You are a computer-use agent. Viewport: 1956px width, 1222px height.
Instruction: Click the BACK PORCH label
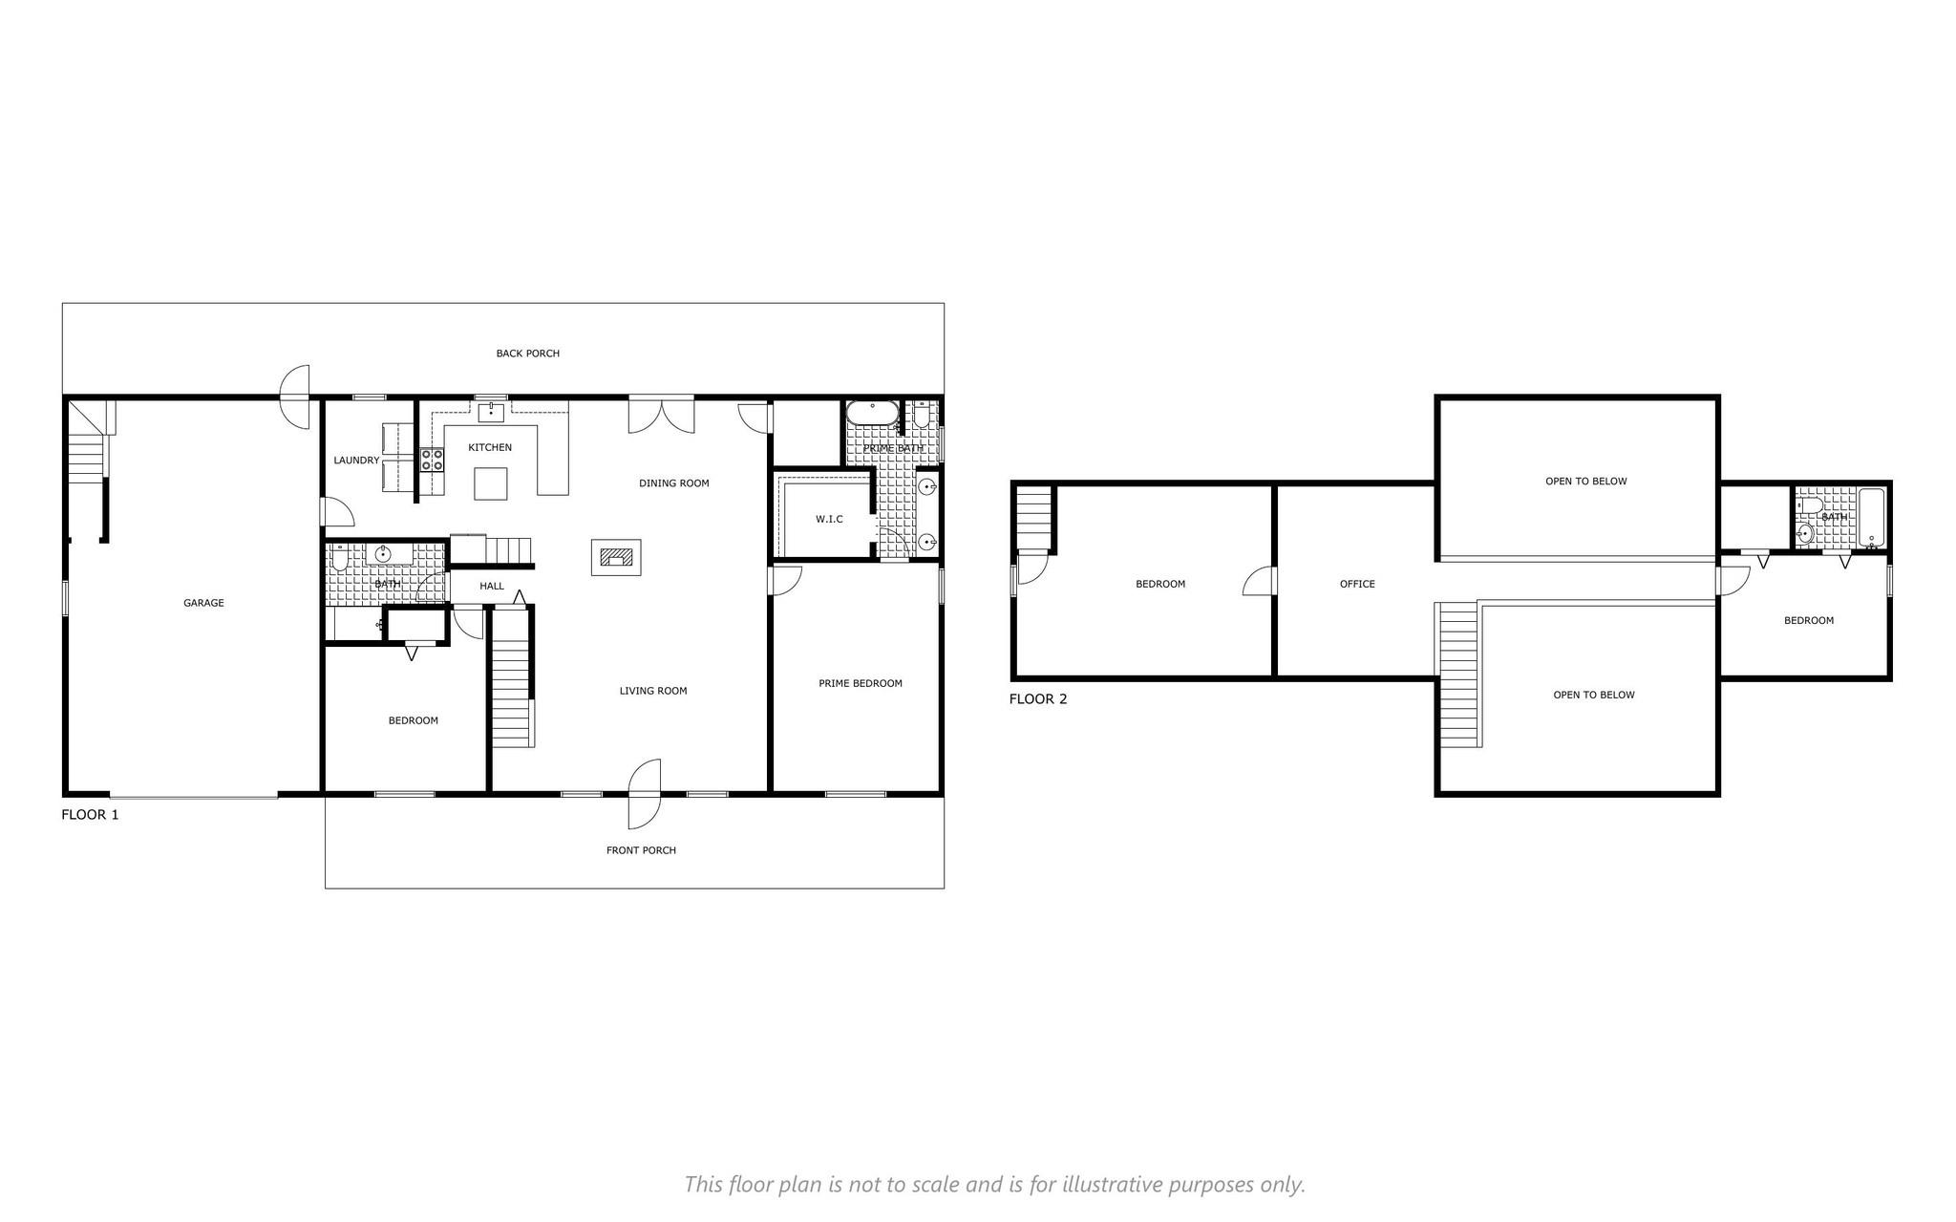pyautogui.click(x=527, y=354)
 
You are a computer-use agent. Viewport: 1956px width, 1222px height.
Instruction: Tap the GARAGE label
pyautogui.click(x=203, y=603)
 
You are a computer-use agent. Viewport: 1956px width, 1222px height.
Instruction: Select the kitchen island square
pyautogui.click(x=491, y=482)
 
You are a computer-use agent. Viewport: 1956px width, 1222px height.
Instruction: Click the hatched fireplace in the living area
pyautogui.click(x=616, y=557)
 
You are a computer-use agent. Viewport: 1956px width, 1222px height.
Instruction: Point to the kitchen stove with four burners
pyautogui.click(x=432, y=460)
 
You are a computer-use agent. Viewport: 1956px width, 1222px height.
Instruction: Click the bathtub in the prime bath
pyautogui.click(x=871, y=414)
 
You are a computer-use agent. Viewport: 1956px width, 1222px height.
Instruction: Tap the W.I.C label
pyautogui.click(x=829, y=519)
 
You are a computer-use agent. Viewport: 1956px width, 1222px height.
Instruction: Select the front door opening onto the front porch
pyautogui.click(x=646, y=793)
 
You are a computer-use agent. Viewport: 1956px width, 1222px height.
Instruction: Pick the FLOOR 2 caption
pyautogui.click(x=1038, y=699)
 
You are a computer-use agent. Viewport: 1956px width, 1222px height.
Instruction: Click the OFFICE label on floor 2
pyautogui.click(x=1357, y=584)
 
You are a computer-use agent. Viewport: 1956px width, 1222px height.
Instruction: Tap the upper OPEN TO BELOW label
pyautogui.click(x=1585, y=482)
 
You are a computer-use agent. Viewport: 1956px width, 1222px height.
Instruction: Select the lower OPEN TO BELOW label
pyautogui.click(x=1593, y=695)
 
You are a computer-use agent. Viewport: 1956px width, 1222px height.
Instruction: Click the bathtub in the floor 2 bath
pyautogui.click(x=1872, y=519)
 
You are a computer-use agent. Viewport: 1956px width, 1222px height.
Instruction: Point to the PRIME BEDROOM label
pyautogui.click(x=860, y=683)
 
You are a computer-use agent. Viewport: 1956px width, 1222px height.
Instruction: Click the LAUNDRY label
pyautogui.click(x=356, y=461)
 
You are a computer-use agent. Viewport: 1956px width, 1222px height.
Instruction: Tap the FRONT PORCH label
pyautogui.click(x=641, y=850)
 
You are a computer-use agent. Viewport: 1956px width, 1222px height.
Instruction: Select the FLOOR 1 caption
pyautogui.click(x=90, y=815)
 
